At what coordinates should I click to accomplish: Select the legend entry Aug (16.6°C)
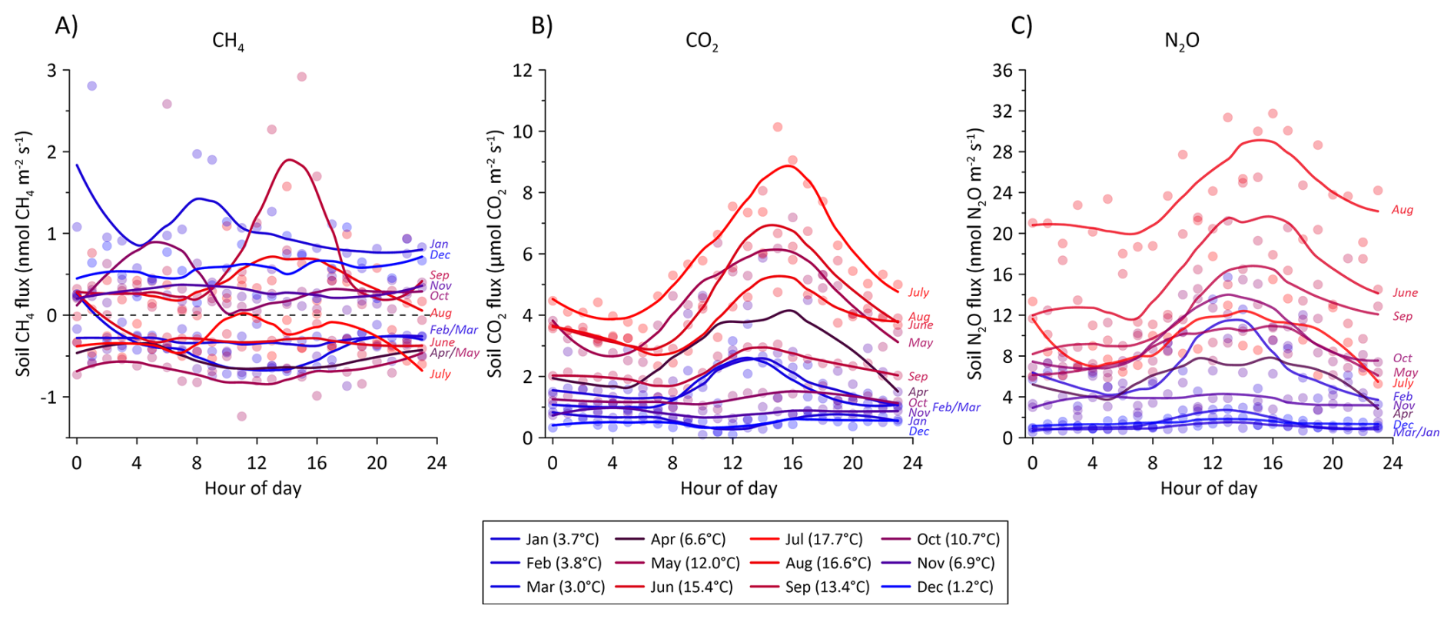pyautogui.click(x=828, y=563)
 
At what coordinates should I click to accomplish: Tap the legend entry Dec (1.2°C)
pyautogui.click(x=954, y=587)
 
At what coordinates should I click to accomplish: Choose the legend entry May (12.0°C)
pyautogui.click(x=695, y=563)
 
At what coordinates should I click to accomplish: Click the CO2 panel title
pyautogui.click(x=702, y=42)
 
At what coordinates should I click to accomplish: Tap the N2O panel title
pyautogui.click(x=1181, y=42)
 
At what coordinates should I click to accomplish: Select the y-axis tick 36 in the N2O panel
pyautogui.click(x=1004, y=71)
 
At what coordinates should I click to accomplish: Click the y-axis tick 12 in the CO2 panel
pyautogui.click(x=523, y=71)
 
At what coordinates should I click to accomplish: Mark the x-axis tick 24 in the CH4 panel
pyautogui.click(x=437, y=463)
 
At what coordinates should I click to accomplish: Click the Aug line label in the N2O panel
pyautogui.click(x=1403, y=209)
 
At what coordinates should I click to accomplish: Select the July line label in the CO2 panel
pyautogui.click(x=918, y=292)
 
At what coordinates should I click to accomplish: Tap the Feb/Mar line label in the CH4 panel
pyautogui.click(x=453, y=330)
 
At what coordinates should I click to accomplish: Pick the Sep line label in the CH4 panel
pyautogui.click(x=439, y=275)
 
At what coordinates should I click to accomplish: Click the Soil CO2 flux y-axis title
pyautogui.click(x=495, y=254)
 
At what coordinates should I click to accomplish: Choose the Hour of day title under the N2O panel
pyautogui.click(x=1208, y=488)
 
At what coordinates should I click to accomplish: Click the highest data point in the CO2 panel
pyautogui.click(x=778, y=127)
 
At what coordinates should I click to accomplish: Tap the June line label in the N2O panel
pyautogui.click(x=1405, y=292)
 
